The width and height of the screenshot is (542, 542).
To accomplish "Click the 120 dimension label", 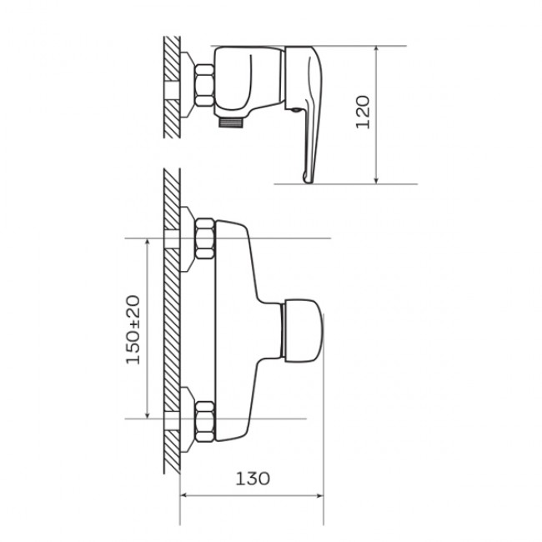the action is click(363, 112).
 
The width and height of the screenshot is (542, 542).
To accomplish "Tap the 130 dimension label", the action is click(253, 479).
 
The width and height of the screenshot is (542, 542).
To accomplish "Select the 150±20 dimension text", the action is click(133, 329).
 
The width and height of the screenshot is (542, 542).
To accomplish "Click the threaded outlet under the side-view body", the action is click(231, 123).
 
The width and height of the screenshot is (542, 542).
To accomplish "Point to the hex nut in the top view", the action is click(204, 85).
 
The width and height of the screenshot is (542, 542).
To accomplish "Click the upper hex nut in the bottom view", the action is click(204, 238).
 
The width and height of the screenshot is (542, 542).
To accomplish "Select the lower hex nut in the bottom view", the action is click(204, 421).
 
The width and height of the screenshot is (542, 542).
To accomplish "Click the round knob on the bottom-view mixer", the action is click(303, 331).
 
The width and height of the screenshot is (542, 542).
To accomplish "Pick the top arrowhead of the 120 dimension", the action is click(376, 50).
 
